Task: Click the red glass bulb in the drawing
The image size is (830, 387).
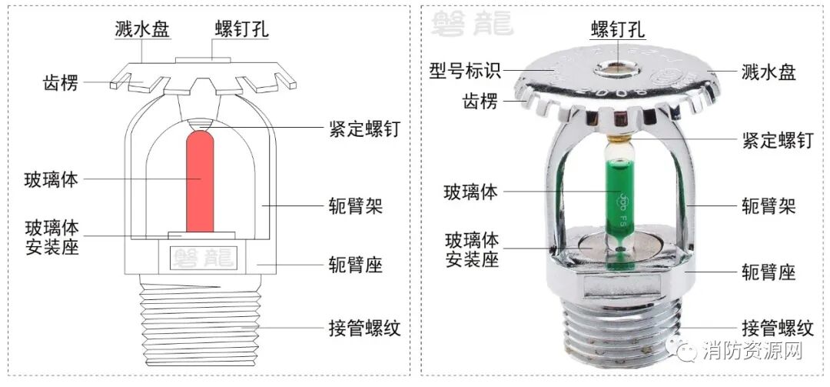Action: (x=201, y=181)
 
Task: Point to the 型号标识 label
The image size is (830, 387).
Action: (x=465, y=72)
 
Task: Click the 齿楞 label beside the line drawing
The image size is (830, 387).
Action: (x=61, y=83)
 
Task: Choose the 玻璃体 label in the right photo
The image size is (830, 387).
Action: (x=471, y=192)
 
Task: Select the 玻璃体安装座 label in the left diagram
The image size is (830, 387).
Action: (x=51, y=238)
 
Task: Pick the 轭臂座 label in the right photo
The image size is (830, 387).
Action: (x=768, y=272)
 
